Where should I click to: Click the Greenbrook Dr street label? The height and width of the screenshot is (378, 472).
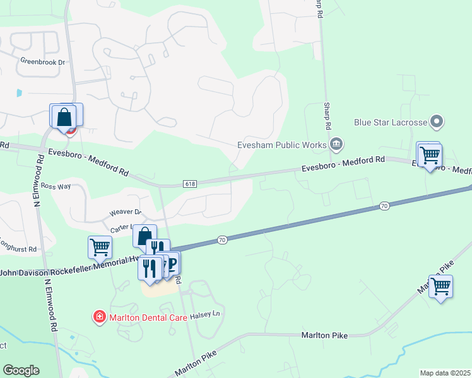pos(43,62)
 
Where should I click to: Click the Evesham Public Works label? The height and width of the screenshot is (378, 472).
pos(281,144)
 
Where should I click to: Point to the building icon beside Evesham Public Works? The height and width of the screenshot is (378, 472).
pos(336,144)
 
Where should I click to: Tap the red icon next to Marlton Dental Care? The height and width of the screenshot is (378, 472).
pos(99,316)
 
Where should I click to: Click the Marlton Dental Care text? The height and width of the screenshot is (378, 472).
pos(147,318)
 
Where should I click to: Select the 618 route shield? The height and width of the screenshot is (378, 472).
pos(190,183)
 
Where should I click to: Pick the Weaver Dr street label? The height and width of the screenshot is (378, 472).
pos(126,213)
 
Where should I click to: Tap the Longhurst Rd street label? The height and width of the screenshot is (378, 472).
pos(19,249)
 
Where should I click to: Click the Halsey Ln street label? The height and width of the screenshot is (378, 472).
pos(211,313)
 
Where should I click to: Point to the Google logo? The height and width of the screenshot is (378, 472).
pos(21,370)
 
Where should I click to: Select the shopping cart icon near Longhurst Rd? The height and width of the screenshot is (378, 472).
pos(100,247)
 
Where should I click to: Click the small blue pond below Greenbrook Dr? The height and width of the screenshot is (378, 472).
pos(19,93)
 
